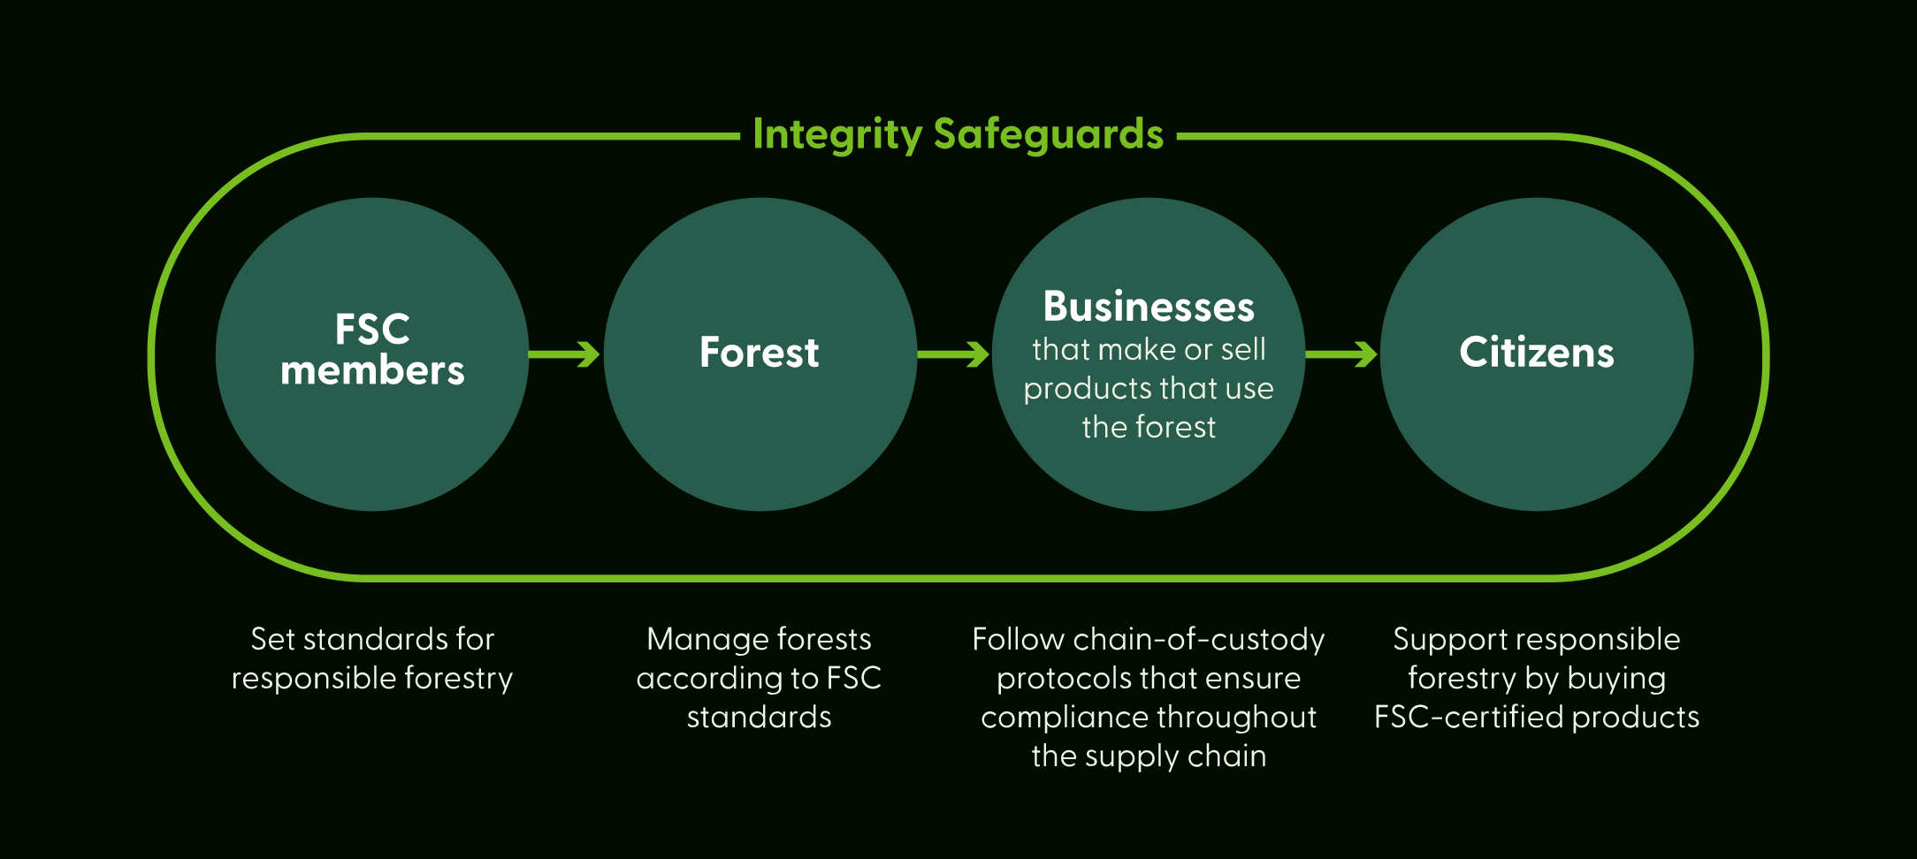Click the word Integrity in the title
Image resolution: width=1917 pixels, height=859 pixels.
point(836,135)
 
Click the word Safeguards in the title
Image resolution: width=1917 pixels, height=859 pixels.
point(1048,135)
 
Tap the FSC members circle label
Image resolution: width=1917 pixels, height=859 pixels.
point(372,351)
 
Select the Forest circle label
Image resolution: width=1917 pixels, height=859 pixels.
point(759,353)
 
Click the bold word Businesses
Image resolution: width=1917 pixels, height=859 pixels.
point(1149,308)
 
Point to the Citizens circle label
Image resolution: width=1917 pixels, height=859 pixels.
point(1536,353)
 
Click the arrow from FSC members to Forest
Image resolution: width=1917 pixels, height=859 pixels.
point(565,354)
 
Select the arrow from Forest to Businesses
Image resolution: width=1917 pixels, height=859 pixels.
point(953,354)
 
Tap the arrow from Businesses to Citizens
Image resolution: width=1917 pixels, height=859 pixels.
point(1341,354)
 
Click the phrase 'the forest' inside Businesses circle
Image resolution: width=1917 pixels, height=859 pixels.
point(1149,428)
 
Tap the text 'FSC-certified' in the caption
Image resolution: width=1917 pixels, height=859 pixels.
point(1468,717)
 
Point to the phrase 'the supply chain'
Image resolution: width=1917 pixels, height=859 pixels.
point(1149,756)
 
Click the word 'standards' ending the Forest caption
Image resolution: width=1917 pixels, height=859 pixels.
point(759,717)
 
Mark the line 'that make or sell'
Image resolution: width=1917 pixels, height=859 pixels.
point(1149,350)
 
